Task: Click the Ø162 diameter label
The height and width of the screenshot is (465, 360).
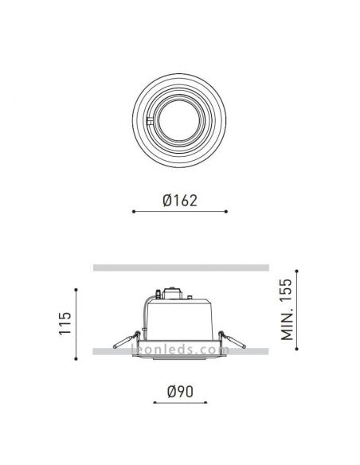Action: (179, 201)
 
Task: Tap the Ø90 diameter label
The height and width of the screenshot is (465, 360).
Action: (180, 393)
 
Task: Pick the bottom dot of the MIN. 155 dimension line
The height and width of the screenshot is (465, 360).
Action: (297, 350)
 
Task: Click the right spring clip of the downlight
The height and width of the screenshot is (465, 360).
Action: (236, 343)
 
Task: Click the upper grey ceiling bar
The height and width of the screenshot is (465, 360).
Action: (179, 268)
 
